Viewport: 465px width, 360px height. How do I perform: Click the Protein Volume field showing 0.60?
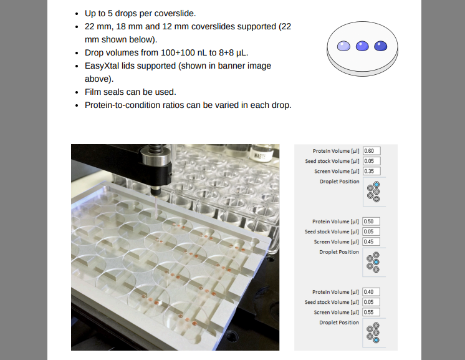372,151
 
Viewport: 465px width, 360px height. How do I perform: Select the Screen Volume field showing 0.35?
372,171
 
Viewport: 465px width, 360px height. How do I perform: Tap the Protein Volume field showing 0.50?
372,221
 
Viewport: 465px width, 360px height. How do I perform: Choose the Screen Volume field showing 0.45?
372,241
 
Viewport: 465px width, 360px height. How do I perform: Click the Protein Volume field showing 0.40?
372,292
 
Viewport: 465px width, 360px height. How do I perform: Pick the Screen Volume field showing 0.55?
372,312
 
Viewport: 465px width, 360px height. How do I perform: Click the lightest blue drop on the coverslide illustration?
343,46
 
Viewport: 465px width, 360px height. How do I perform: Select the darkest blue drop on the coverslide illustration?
381,46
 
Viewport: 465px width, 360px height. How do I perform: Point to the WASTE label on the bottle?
260,155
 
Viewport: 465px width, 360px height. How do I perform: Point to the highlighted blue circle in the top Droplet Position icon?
376,184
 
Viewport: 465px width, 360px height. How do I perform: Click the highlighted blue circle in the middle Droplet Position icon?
376,262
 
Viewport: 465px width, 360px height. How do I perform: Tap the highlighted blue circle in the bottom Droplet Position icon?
376,340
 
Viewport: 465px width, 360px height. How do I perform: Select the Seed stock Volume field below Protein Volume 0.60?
372,161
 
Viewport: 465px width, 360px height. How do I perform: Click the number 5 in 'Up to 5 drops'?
110,14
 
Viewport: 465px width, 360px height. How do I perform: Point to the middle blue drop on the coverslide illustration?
362,46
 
